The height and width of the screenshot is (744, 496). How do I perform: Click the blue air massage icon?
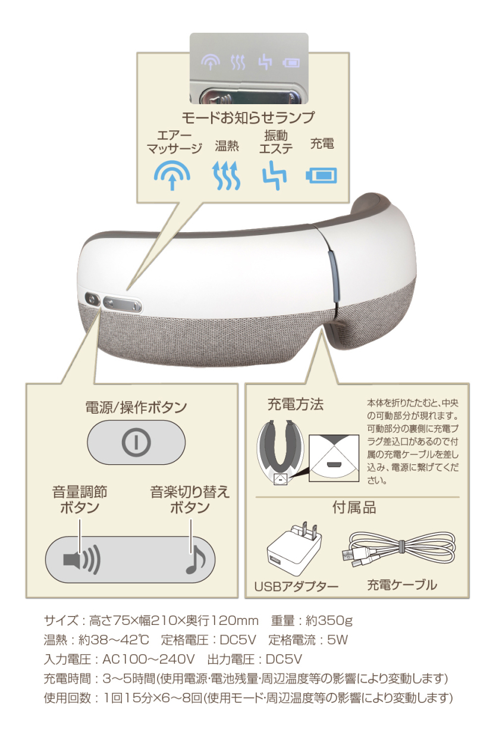pyautogui.click(x=172, y=175)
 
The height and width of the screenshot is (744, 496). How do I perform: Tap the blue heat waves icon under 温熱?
pyautogui.click(x=227, y=176)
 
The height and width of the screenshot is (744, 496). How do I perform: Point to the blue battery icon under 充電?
pyautogui.click(x=321, y=175)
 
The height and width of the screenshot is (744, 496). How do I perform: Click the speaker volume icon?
pyautogui.click(x=81, y=559)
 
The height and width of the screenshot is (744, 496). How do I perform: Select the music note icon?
pyautogui.click(x=194, y=560)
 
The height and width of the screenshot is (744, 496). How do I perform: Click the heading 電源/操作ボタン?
pyautogui.click(x=136, y=408)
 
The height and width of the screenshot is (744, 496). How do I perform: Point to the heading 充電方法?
pyautogui.click(x=296, y=405)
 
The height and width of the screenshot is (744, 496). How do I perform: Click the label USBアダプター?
pyautogui.click(x=296, y=586)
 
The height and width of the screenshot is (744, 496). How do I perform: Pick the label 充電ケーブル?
pyautogui.click(x=401, y=584)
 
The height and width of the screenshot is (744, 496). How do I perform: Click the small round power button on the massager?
pyautogui.click(x=92, y=300)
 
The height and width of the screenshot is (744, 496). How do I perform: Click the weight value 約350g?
pyautogui.click(x=329, y=621)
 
